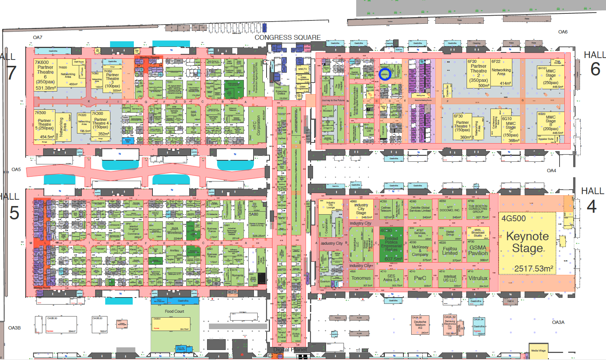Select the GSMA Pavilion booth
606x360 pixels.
coord(478,250)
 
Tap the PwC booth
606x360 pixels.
coord(420,278)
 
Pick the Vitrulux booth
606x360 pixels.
coord(478,278)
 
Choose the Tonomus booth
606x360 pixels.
coord(361,278)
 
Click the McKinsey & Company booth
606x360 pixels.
coord(420,251)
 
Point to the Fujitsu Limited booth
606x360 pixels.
coord(450,251)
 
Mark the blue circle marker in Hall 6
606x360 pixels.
coord(385,74)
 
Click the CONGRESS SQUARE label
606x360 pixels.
coord(287,38)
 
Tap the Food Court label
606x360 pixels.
coord(174,311)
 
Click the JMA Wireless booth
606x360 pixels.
coord(174,231)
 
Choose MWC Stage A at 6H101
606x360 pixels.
coord(551,77)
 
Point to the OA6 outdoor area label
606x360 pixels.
coord(563,32)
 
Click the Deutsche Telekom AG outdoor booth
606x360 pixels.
coord(420,325)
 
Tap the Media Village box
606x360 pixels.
coord(538,351)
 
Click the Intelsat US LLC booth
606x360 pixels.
coord(450,279)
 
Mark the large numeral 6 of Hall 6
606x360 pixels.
coord(595,70)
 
